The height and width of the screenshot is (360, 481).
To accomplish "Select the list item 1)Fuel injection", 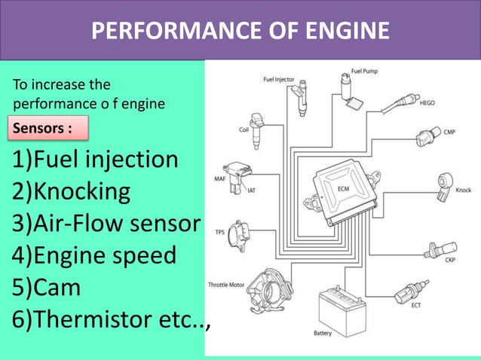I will coord(95,160).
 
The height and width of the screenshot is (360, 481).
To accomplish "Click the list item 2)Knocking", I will coord(71,192).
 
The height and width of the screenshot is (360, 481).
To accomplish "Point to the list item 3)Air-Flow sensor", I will coord(106,224).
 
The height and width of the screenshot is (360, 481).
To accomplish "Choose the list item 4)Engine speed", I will coord(93,255).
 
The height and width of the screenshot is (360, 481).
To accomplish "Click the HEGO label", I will coord(427,103).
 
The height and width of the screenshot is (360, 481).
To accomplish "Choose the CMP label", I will coord(449,133).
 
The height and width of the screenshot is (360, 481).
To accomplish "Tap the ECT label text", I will coord(416,306).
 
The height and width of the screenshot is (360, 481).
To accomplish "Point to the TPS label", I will coord(220,232).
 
